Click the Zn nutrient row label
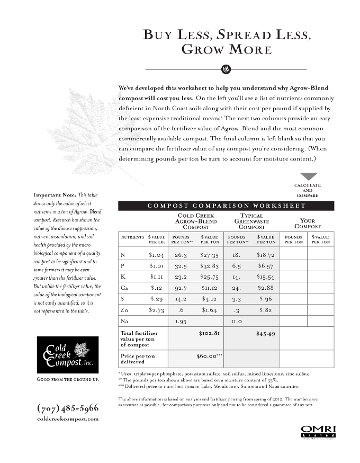[124, 309]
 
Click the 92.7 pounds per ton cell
[181, 288]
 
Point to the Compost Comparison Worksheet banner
[226, 206]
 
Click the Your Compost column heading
[307, 224]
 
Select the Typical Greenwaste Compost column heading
[251, 221]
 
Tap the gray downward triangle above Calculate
[308, 176]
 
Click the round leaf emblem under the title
[224, 69]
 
